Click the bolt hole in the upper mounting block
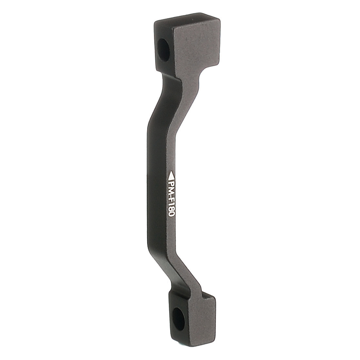click(164, 50)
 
